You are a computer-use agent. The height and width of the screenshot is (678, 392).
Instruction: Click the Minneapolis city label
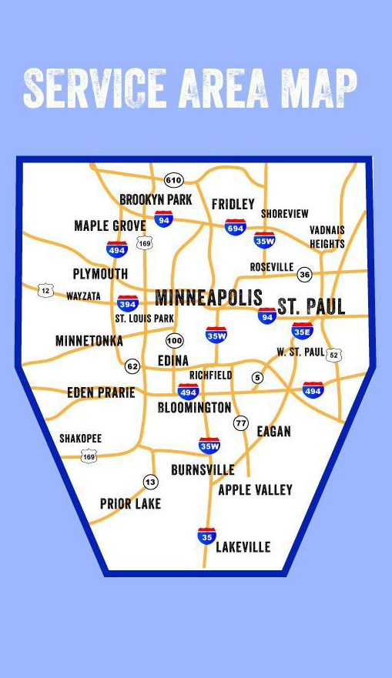coord(209,298)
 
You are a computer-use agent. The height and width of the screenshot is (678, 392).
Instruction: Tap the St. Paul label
coord(311,306)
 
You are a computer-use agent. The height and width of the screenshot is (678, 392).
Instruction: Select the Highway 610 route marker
coord(173,180)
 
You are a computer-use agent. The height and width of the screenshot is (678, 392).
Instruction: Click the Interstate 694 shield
coord(235,227)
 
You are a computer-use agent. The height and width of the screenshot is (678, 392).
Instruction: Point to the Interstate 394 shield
coord(128,303)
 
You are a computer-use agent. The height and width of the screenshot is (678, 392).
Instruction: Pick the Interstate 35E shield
coord(302,331)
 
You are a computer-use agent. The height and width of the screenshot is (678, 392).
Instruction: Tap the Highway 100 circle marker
coord(175,340)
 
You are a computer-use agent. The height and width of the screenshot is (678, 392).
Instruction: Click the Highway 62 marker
coord(132,366)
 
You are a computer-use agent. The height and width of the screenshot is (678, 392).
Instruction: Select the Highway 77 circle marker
coord(241,423)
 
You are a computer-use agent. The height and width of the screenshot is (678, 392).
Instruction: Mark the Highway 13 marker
coord(150,483)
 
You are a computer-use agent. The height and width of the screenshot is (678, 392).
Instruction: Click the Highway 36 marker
coord(305,275)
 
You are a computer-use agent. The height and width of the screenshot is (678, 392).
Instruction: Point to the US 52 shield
coord(333,355)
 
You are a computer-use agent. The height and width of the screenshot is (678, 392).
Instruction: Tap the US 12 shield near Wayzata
coord(46,290)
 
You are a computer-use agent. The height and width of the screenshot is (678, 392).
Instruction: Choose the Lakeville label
coord(243,547)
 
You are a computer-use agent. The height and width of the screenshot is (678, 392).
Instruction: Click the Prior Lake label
coord(130,504)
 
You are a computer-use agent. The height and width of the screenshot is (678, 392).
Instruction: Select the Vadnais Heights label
coord(327,236)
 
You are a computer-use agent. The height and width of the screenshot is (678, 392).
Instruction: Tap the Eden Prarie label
coord(101,392)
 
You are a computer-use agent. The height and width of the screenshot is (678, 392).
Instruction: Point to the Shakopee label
coord(80,439)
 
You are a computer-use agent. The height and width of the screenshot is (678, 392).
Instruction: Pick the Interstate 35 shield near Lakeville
coord(206,536)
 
